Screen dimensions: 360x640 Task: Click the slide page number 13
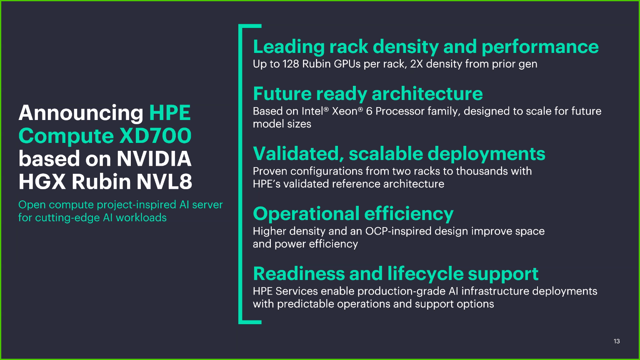[617, 341]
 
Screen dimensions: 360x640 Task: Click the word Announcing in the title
[81, 113]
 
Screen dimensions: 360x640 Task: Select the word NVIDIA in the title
[154, 159]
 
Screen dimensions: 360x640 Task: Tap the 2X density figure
[417, 64]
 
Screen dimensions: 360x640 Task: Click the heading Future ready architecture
[367, 94]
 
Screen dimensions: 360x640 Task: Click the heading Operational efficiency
[353, 214]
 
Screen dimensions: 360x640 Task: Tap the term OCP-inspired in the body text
[401, 231]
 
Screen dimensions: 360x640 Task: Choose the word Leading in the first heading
[288, 47]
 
